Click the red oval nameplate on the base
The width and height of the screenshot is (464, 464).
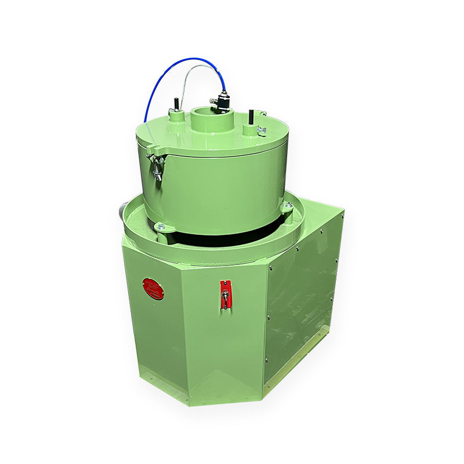click(x=153, y=288)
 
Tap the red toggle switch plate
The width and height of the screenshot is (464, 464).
click(x=225, y=294)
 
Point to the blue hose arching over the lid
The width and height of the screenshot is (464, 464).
click(x=174, y=69)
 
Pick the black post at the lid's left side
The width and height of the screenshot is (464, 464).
click(x=173, y=104)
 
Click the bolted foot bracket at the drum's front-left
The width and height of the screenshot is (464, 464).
click(x=161, y=227)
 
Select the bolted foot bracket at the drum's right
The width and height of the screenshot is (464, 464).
click(x=287, y=206)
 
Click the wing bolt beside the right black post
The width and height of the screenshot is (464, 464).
click(x=262, y=130)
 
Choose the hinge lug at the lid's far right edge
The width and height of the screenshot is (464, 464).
click(x=263, y=114)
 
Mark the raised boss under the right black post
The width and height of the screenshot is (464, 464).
click(x=249, y=128)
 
